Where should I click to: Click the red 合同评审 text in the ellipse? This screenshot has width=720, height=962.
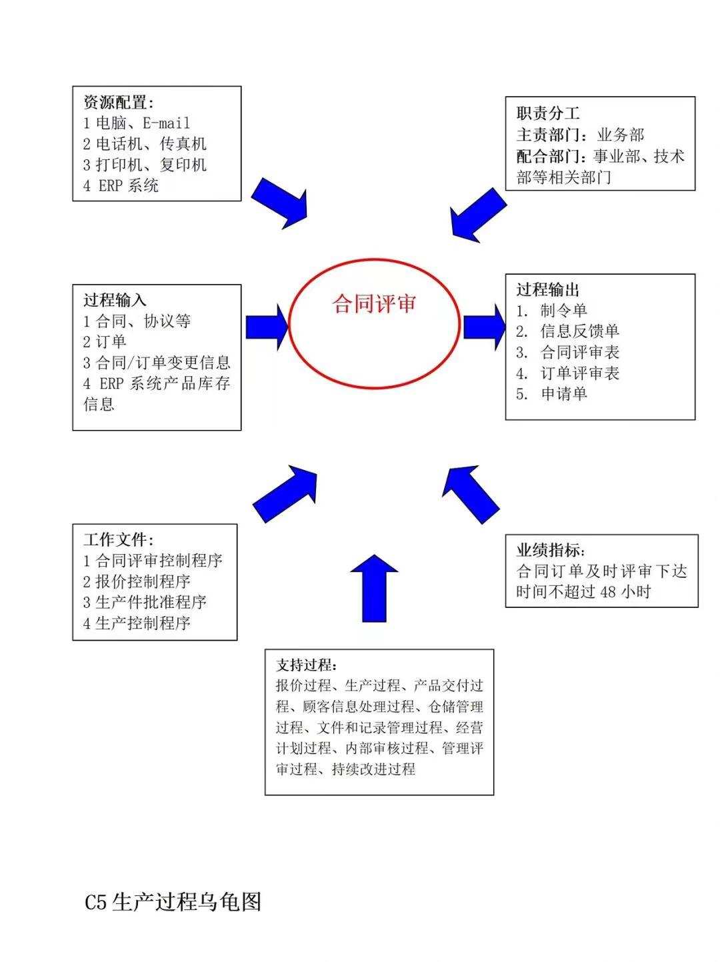point(374,303)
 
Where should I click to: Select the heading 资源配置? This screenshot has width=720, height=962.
point(118,103)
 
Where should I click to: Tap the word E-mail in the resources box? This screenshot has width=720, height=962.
point(167,123)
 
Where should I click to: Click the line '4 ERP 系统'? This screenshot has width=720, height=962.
point(121,185)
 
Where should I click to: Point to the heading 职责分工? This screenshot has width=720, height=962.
point(548,113)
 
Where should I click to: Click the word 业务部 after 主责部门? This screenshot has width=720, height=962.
point(621,135)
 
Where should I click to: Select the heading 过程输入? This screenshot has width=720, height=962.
point(115,300)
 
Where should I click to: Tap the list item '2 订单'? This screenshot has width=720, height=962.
point(105,341)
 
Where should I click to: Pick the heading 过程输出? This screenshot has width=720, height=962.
point(548,290)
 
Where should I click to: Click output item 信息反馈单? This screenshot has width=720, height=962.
point(579,331)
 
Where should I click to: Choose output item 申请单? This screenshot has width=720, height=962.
point(564,393)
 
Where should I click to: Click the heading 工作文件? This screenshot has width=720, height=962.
point(118,539)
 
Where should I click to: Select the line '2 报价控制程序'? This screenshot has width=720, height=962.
point(137,581)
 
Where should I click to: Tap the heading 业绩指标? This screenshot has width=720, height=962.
point(551,550)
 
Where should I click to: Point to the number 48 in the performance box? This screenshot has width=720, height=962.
point(608,592)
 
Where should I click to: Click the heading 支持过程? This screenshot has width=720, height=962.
point(306,665)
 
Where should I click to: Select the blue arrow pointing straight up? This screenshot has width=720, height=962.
point(374,588)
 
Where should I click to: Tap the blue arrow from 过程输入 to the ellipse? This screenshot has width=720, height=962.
point(267,327)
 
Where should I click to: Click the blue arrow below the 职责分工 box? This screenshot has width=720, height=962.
point(478,215)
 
